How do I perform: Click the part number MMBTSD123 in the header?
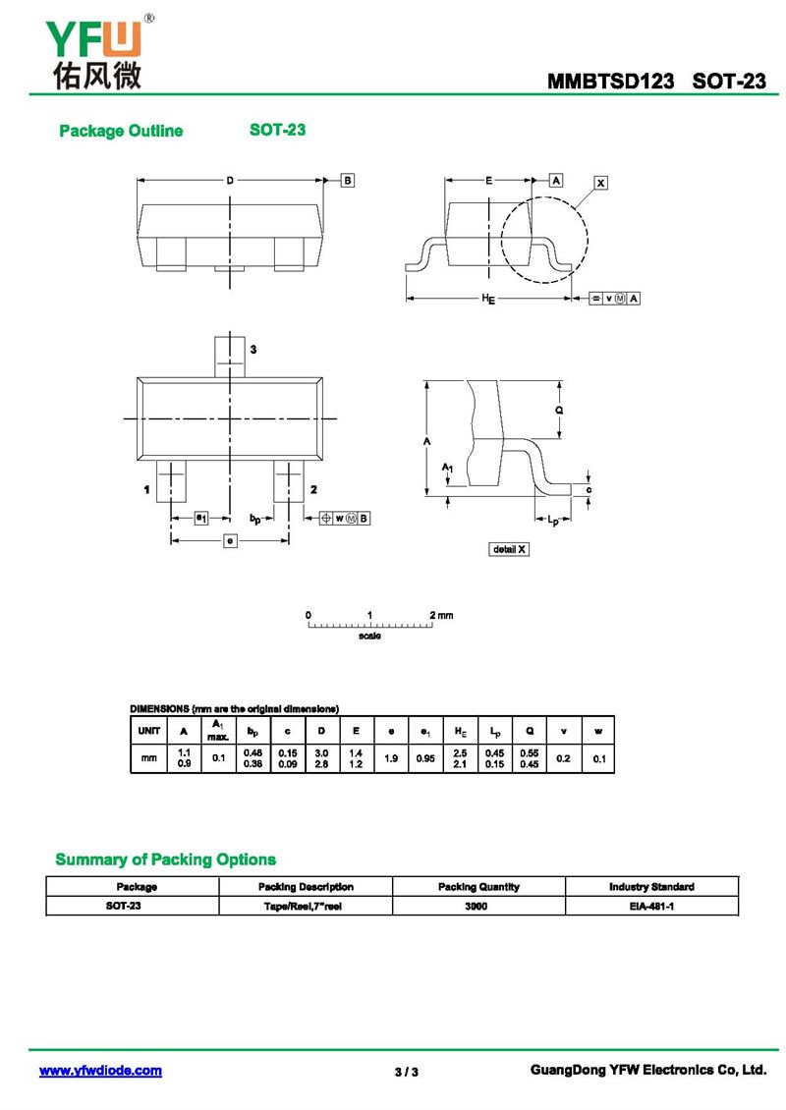pyautogui.click(x=610, y=82)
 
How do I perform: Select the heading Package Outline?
pyautogui.click(x=121, y=131)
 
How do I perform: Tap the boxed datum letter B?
pyautogui.click(x=348, y=180)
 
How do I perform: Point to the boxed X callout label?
pyautogui.click(x=601, y=183)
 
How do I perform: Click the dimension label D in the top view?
pyautogui.click(x=230, y=180)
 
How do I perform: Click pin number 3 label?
pyautogui.click(x=253, y=350)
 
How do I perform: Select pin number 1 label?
pyautogui.click(x=146, y=489)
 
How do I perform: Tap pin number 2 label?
pyautogui.click(x=312, y=489)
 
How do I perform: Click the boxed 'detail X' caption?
pyautogui.click(x=509, y=549)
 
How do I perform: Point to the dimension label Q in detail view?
pyautogui.click(x=559, y=410)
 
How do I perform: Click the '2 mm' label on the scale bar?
pyautogui.click(x=441, y=615)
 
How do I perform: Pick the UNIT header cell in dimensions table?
pyautogui.click(x=149, y=730)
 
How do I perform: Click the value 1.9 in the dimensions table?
pyautogui.click(x=391, y=758)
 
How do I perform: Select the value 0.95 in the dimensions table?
pyautogui.click(x=425, y=758)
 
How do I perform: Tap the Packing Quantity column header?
pyautogui.click(x=478, y=886)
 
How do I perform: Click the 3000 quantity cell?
pyautogui.click(x=478, y=906)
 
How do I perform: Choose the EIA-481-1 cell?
pyautogui.click(x=651, y=906)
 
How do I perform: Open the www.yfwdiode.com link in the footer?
pyautogui.click(x=100, y=1071)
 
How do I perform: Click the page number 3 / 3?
pyautogui.click(x=407, y=1072)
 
